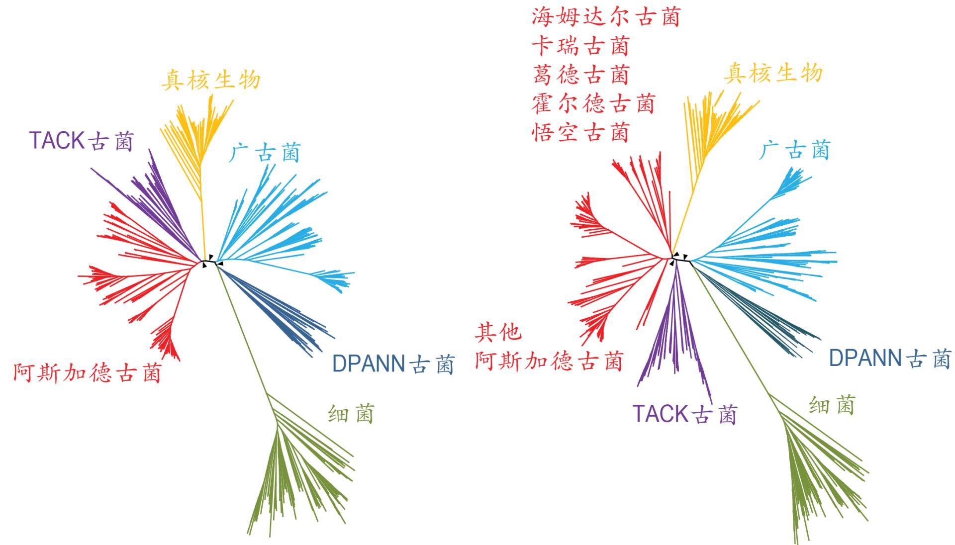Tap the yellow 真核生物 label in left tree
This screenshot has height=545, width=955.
point(211,80)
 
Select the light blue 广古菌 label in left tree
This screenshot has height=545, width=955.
point(265,153)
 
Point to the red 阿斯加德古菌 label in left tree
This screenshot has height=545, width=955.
point(88,373)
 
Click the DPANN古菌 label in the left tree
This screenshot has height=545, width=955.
point(393,364)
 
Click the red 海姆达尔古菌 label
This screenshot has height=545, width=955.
point(605,17)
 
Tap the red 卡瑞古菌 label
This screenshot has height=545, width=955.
point(580,46)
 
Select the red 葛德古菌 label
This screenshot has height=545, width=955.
point(580,75)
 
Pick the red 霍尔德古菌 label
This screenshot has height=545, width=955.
point(593,104)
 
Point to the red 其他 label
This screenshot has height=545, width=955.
point(498,332)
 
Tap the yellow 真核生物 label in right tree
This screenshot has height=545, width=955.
point(772,74)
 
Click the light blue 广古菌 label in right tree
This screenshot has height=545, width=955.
point(795,150)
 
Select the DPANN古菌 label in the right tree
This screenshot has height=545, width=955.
point(890,359)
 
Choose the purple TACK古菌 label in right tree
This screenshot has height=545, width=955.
point(684,414)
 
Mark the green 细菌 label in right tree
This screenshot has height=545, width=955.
point(832,405)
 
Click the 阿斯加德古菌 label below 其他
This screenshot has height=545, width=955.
point(549,361)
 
